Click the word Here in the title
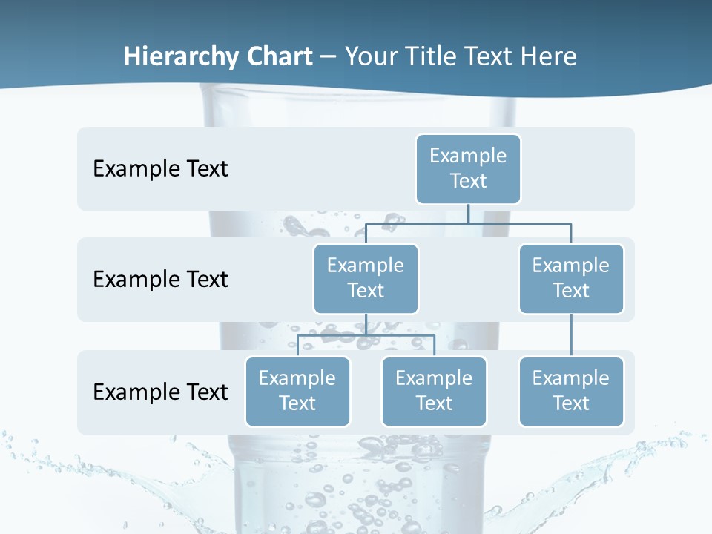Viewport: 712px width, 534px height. tap(548, 57)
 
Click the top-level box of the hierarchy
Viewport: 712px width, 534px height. tap(468, 168)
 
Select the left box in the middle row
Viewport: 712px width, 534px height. tap(366, 278)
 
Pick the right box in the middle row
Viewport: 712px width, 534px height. tap(571, 278)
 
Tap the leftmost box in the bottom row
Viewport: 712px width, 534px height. tap(297, 391)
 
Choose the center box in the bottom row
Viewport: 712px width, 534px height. tap(434, 391)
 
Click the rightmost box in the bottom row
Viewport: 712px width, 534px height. tap(571, 391)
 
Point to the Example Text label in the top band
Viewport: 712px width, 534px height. tap(160, 168)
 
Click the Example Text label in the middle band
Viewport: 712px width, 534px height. tap(160, 279)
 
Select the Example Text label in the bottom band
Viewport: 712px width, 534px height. tap(160, 392)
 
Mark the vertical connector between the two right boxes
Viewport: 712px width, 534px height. tap(571, 335)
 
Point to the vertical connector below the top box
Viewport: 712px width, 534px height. tap(468, 214)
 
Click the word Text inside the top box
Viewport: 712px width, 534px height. tap(468, 181)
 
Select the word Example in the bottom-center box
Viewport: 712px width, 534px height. tap(434, 378)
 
